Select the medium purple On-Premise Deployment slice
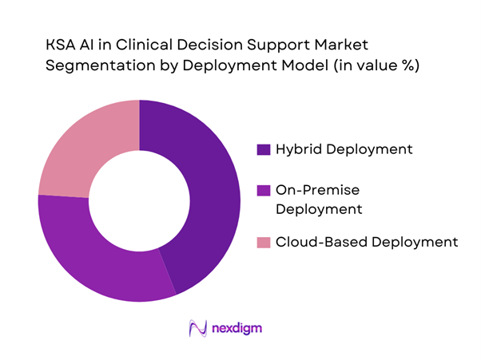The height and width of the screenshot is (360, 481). [x=96, y=255]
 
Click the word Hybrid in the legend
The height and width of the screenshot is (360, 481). [x=297, y=149]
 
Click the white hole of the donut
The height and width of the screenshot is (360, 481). [x=139, y=200]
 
